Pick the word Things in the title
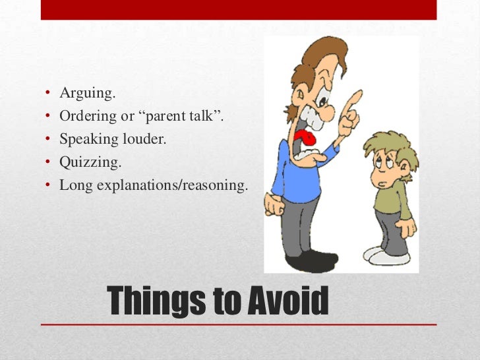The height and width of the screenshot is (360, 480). click(155, 303)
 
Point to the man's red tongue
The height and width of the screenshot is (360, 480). click(307, 140)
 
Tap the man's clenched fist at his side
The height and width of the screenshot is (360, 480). click(272, 205)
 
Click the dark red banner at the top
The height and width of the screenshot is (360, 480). click(239, 9)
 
